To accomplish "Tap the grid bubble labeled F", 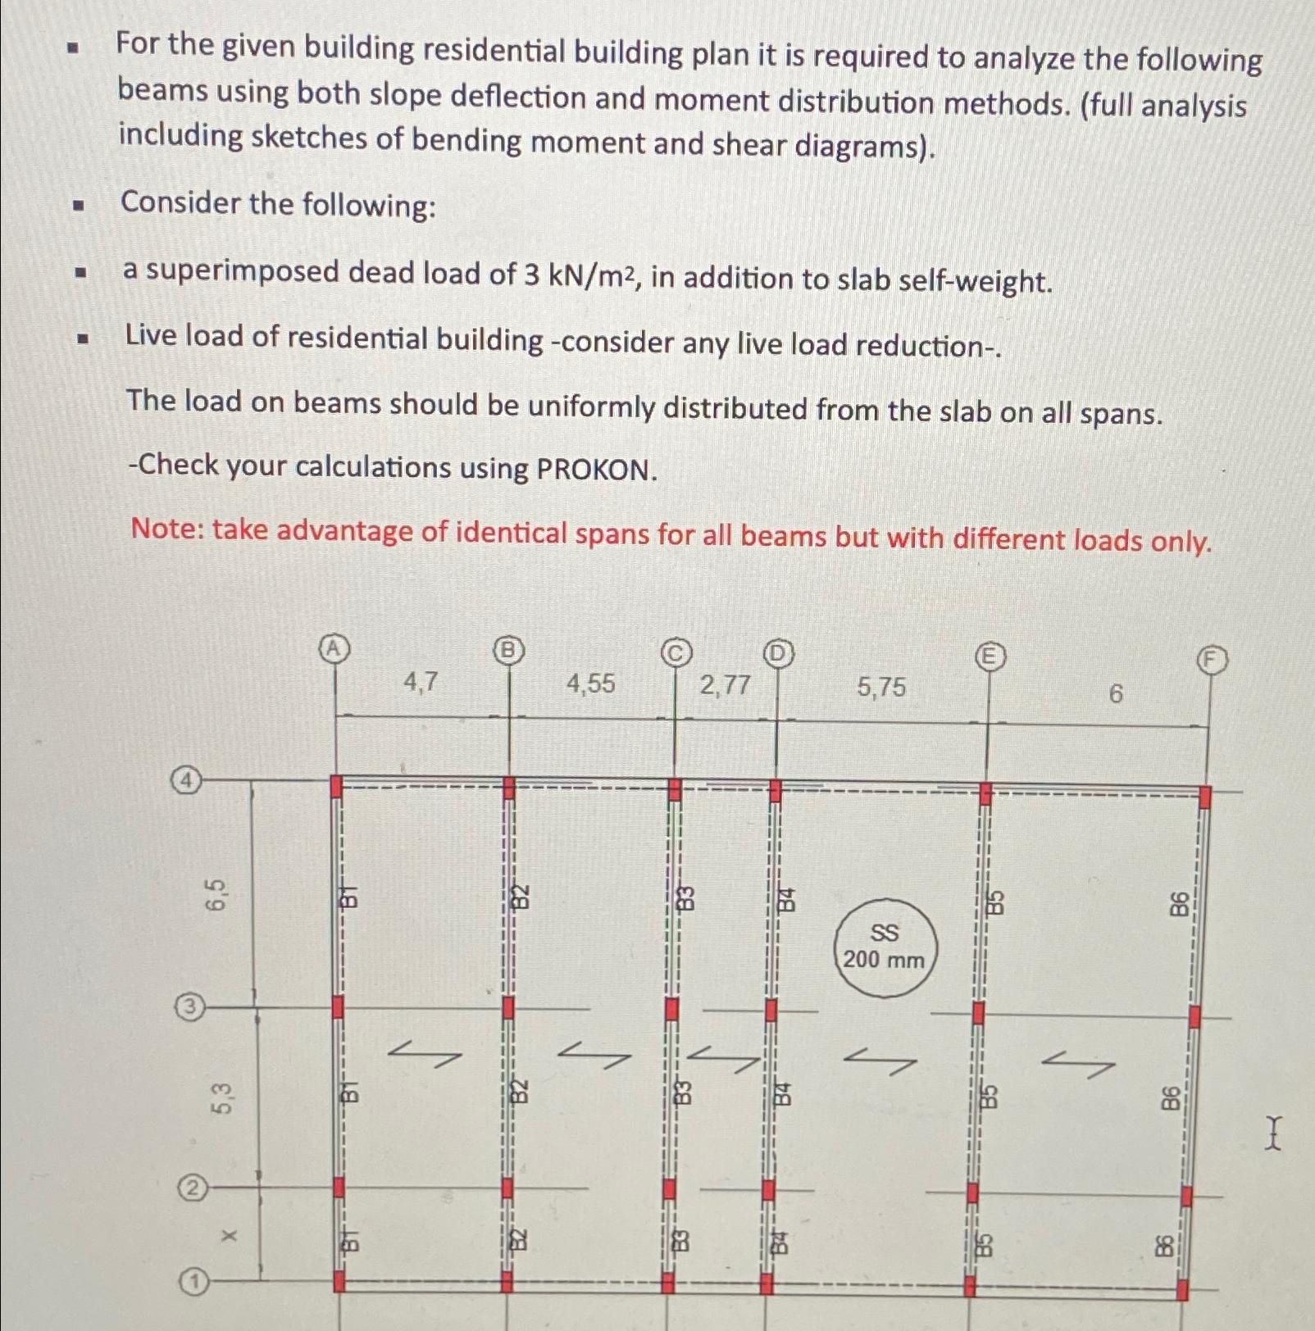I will [x=1213, y=660].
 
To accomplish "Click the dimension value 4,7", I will [x=421, y=681].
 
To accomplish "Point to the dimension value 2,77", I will [x=725, y=684].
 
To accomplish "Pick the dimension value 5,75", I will [x=881, y=687].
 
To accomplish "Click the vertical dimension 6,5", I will [x=215, y=894].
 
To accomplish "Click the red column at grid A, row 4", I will [x=335, y=787].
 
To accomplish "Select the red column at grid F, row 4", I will [x=1204, y=797].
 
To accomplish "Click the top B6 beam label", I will [x=1179, y=904].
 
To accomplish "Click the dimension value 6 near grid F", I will [x=1115, y=694].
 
